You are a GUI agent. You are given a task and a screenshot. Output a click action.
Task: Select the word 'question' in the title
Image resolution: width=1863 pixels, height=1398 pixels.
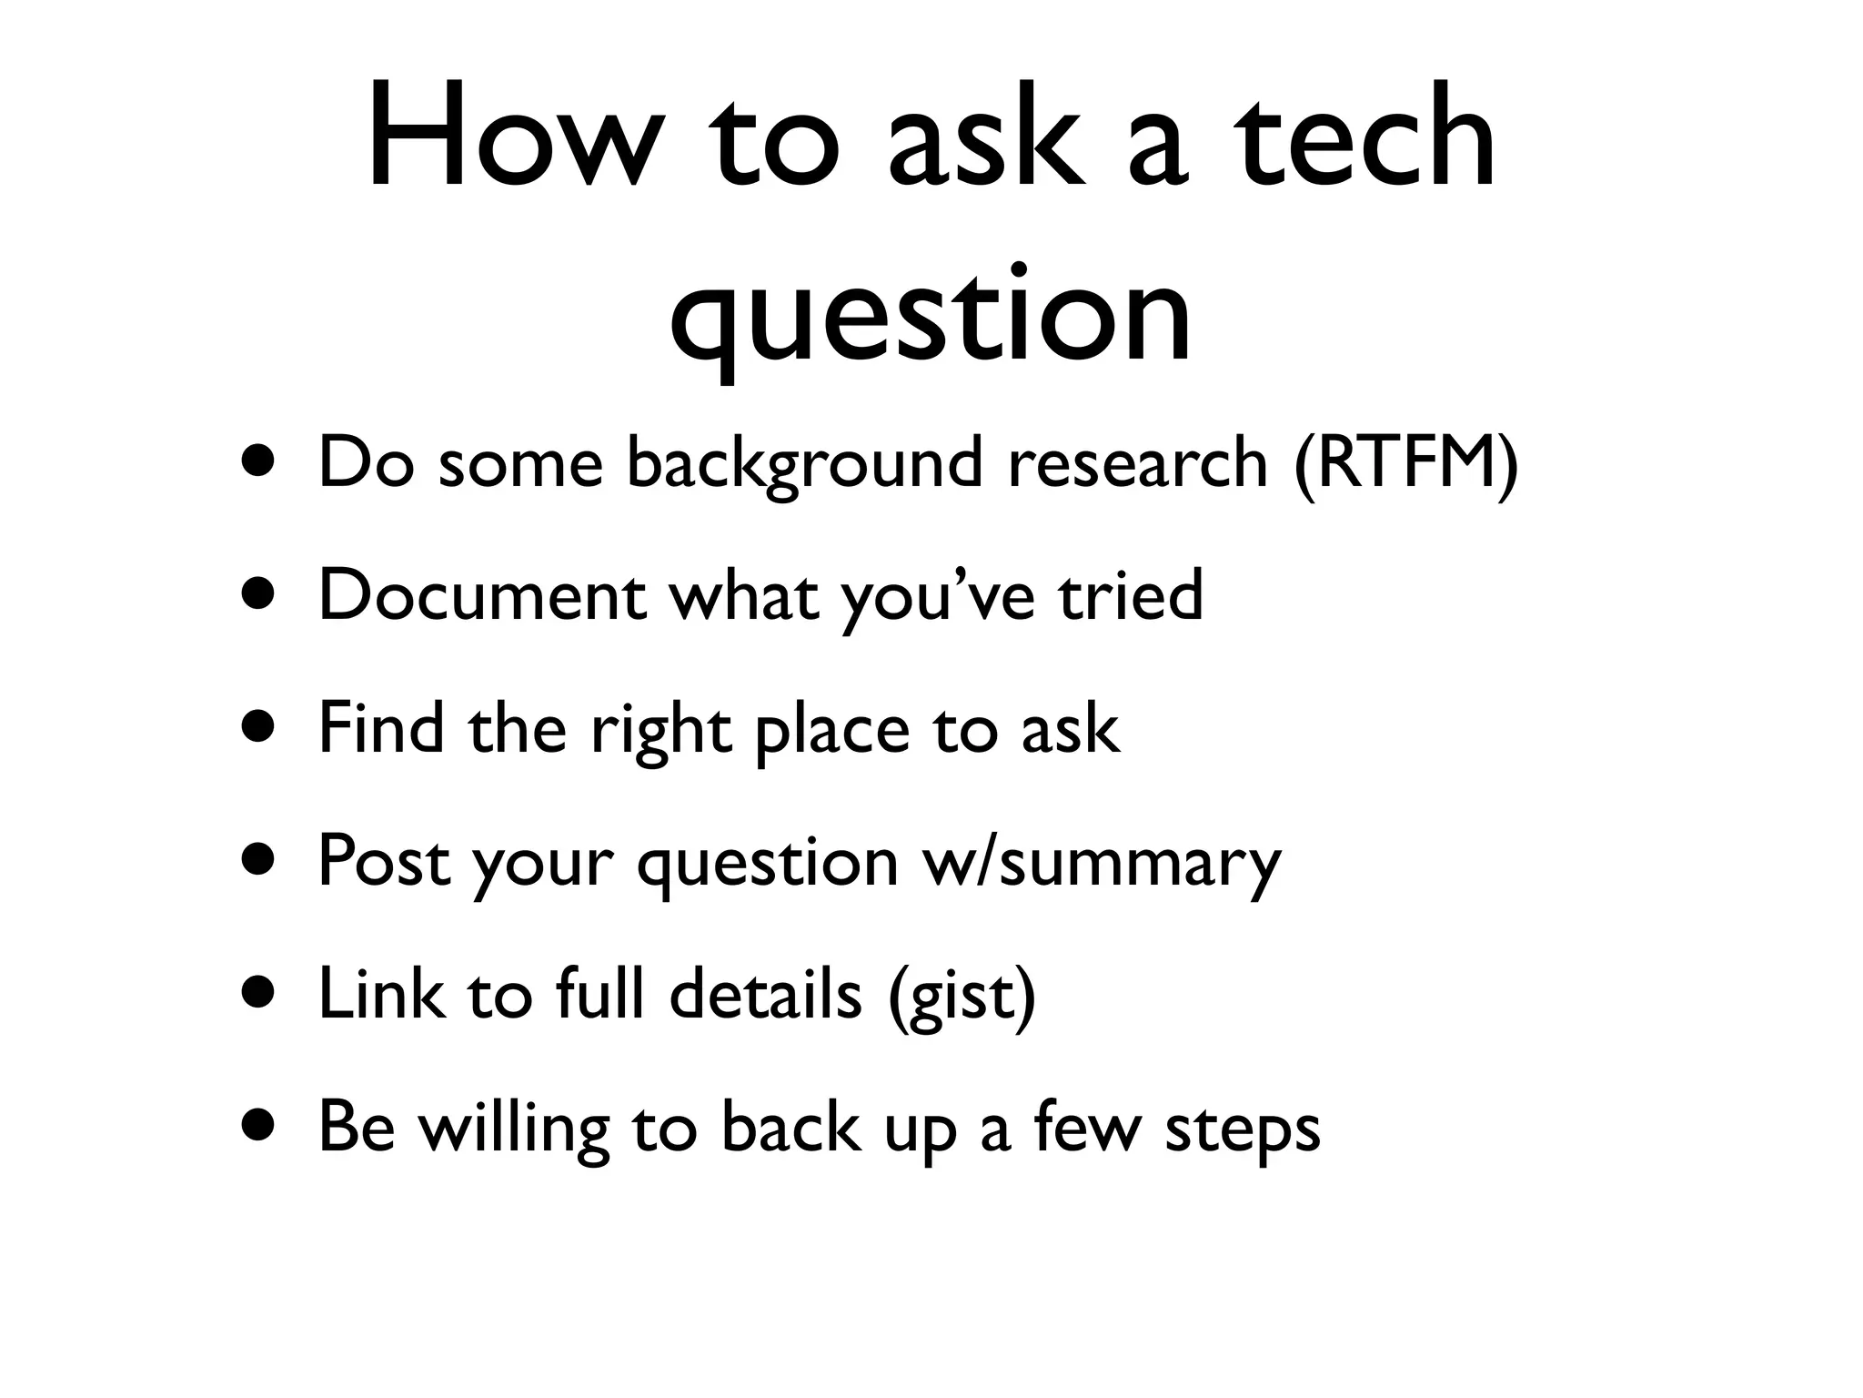pyautogui.click(x=930, y=314)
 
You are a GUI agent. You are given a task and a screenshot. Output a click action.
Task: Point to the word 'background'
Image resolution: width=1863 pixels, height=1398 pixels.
pyautogui.click(x=804, y=463)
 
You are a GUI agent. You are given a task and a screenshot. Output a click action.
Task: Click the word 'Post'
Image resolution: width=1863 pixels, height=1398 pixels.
pyautogui.click(x=383, y=861)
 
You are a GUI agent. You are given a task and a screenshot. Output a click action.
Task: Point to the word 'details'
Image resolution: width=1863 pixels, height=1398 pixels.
pyautogui.click(x=765, y=993)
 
